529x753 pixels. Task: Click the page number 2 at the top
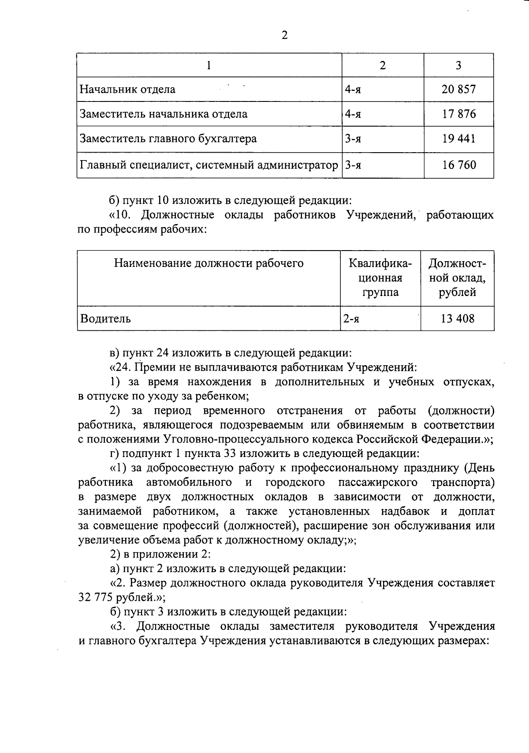click(x=284, y=36)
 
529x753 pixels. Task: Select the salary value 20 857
click(x=458, y=90)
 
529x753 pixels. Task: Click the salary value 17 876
click(x=458, y=114)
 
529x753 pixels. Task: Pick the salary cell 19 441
click(x=458, y=139)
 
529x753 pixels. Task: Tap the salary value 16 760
click(x=458, y=165)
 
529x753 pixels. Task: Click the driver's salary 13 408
click(x=458, y=318)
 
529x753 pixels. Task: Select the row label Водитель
click(x=105, y=318)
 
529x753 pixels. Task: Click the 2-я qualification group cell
click(x=351, y=318)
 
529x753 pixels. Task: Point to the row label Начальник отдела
click(x=127, y=90)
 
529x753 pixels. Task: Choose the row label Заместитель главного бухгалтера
click(x=168, y=139)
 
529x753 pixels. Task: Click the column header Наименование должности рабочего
click(x=209, y=264)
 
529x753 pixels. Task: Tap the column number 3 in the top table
click(x=458, y=66)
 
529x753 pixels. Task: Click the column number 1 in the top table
click(x=209, y=66)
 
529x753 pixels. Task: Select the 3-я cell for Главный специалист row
click(x=353, y=165)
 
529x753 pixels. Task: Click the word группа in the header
click(x=380, y=292)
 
